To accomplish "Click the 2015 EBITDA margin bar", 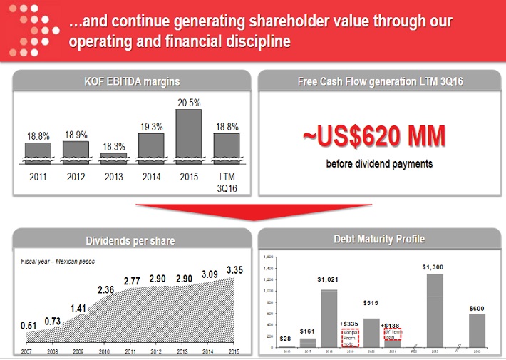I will point(188,135).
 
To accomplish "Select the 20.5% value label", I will point(188,103).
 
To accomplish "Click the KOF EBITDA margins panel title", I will point(132,81).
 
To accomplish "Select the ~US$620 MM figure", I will point(379,136).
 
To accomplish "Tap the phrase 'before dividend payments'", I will point(379,164).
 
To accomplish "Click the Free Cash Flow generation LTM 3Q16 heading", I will point(380,81).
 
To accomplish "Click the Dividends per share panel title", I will point(130,240).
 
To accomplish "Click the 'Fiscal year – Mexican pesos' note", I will point(58,261).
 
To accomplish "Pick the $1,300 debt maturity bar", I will point(435,310).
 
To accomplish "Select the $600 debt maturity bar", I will point(476,330).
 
